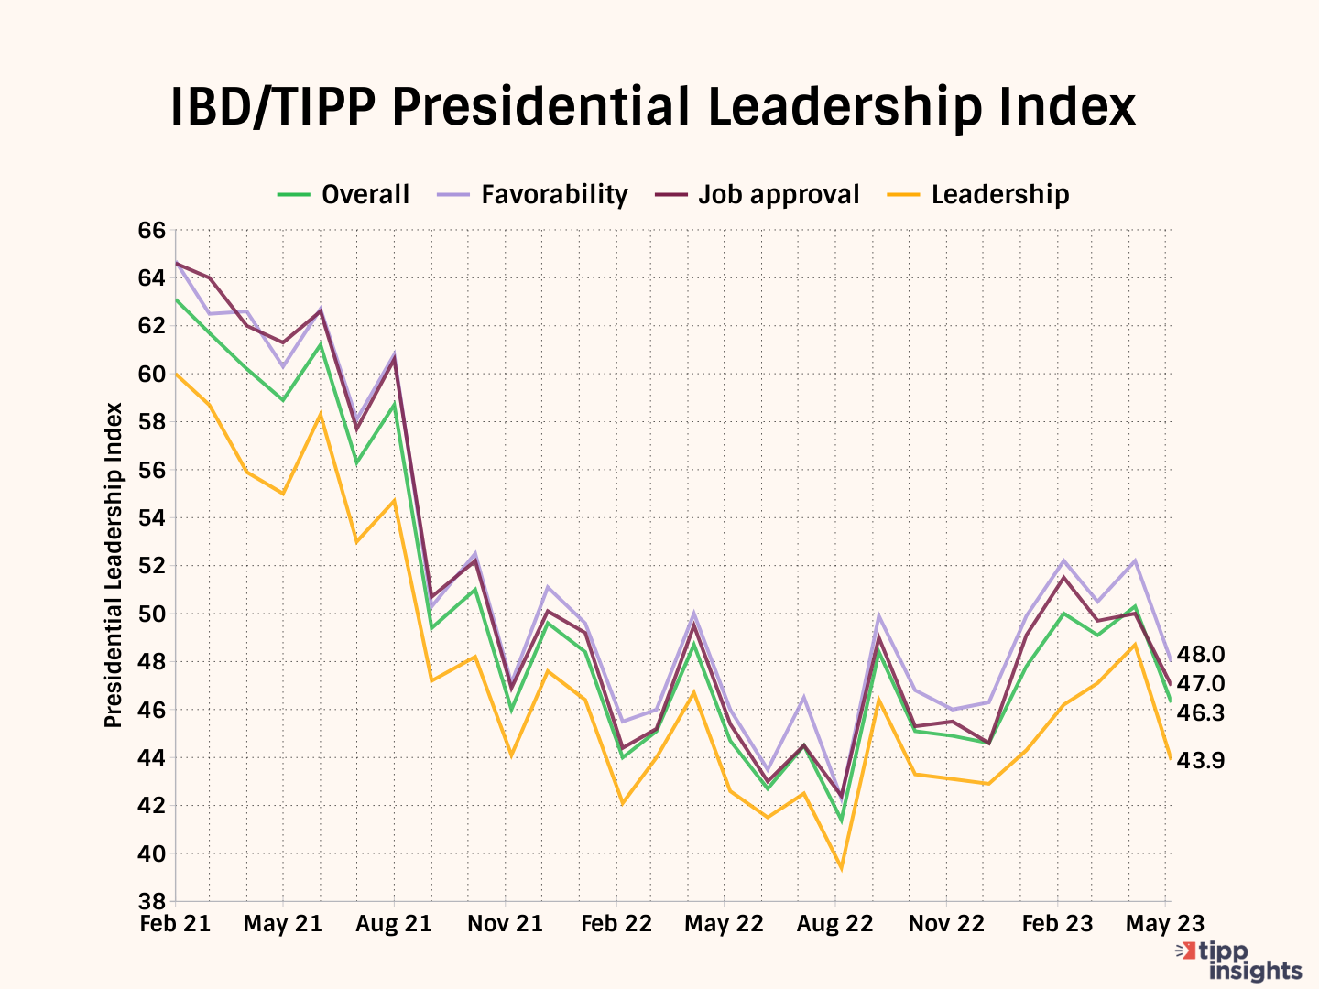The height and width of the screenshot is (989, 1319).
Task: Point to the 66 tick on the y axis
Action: point(152,230)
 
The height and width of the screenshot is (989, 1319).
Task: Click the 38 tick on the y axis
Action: point(152,902)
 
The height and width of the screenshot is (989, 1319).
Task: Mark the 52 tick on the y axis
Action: point(152,566)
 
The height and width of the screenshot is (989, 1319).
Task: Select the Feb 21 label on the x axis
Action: point(175,924)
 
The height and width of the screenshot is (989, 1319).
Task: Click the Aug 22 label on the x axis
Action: point(834,924)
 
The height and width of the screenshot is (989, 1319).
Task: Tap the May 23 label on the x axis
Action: point(1164,924)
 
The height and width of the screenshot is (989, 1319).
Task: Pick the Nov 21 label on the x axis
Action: point(505,924)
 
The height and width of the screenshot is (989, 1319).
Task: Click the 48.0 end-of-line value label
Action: point(1200,655)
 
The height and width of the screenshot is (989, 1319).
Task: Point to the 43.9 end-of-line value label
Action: point(1200,761)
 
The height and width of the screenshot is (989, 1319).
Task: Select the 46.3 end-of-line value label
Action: point(1200,713)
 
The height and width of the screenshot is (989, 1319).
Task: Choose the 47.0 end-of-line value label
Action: point(1200,684)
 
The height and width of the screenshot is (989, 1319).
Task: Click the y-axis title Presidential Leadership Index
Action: point(114,565)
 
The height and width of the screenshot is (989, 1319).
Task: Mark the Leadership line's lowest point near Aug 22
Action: point(840,868)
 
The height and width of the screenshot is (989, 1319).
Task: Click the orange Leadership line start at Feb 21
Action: point(176,374)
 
